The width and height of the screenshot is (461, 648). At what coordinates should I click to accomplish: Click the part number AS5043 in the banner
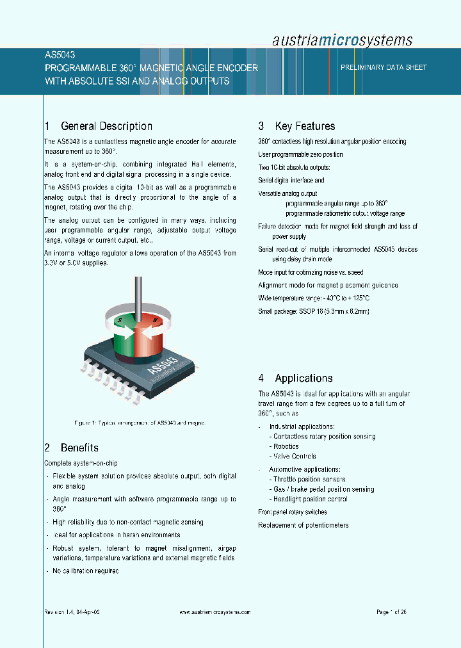pos(60,56)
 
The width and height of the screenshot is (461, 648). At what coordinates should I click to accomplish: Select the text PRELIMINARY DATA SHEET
pos(384,67)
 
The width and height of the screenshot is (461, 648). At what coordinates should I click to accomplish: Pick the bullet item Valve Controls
pos(292,457)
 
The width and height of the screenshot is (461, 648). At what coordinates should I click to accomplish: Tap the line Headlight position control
pos(310,499)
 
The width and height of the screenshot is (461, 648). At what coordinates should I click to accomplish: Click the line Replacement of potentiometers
pos(303,525)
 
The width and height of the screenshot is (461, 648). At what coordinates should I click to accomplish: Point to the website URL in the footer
pos(214,612)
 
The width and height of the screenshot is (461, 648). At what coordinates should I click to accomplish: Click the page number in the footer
pos(391,612)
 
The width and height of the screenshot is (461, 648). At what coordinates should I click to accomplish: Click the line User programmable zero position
pos(300,154)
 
